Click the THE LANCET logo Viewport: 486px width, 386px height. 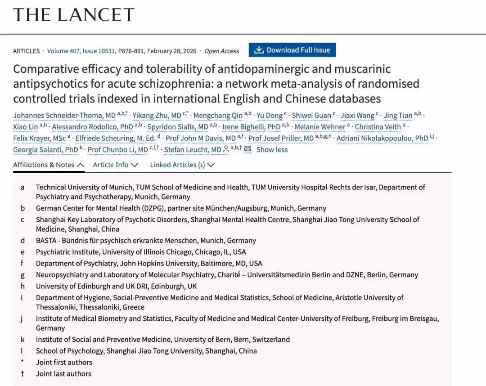click(x=74, y=15)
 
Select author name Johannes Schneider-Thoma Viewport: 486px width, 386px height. click(x=64, y=115)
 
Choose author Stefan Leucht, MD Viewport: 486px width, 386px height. click(x=193, y=149)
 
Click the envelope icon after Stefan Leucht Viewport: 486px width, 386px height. click(x=247, y=149)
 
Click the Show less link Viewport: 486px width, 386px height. click(x=272, y=149)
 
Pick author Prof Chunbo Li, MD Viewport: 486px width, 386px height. click(x=118, y=149)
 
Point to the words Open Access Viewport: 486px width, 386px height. click(x=221, y=51)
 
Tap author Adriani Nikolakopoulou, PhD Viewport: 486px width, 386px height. click(x=382, y=138)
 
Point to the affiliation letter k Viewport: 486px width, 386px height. click(x=22, y=339)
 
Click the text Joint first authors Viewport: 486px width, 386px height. click(x=64, y=362)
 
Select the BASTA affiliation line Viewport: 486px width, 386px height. click(x=146, y=240)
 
